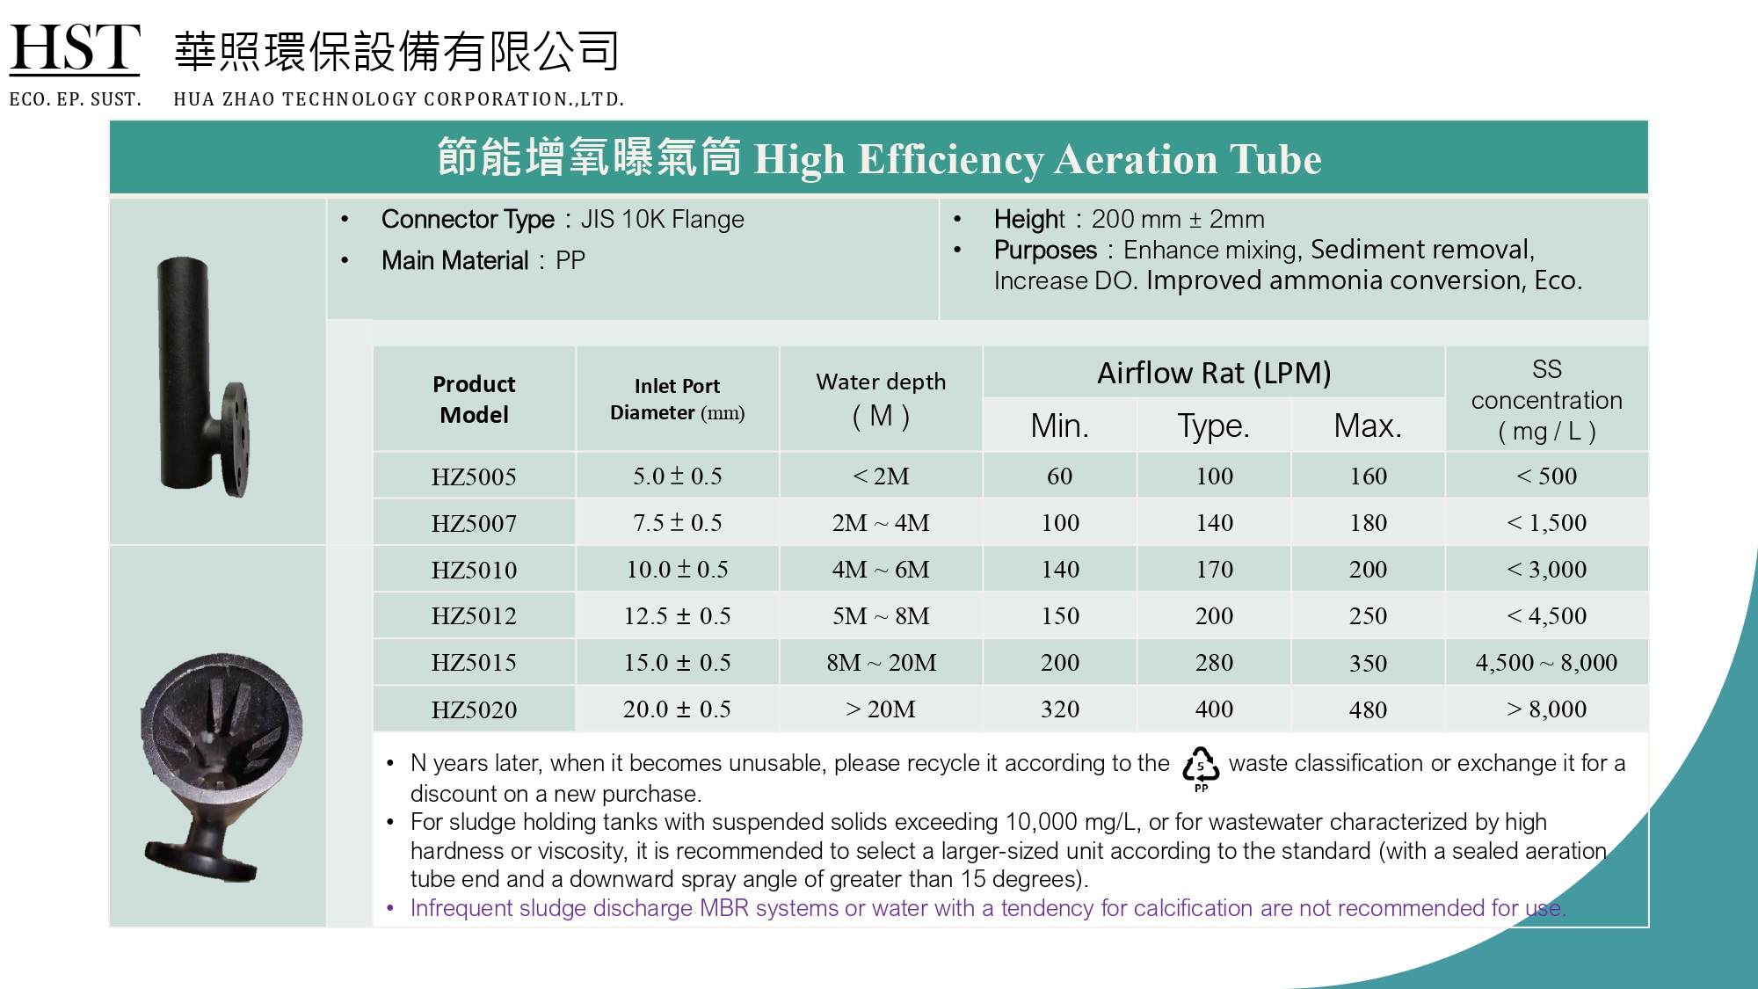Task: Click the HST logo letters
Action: tap(75, 48)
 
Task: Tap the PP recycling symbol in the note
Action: tap(1201, 767)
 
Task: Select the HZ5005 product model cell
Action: tap(474, 476)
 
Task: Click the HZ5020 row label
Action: tap(474, 709)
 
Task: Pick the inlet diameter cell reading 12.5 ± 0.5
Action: tap(677, 616)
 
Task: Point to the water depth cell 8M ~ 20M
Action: tap(881, 663)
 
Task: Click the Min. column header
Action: tap(1059, 426)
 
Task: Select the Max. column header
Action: tap(1368, 426)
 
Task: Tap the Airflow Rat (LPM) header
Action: tap(1214, 373)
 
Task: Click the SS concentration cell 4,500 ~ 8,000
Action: tap(1546, 663)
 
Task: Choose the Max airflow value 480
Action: tap(1368, 709)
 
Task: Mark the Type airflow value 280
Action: tap(1214, 663)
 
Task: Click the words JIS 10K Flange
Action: tap(662, 219)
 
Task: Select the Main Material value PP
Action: tap(570, 261)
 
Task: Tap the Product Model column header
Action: tap(474, 399)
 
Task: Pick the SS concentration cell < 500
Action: tap(1546, 476)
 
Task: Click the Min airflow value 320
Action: tap(1059, 709)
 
